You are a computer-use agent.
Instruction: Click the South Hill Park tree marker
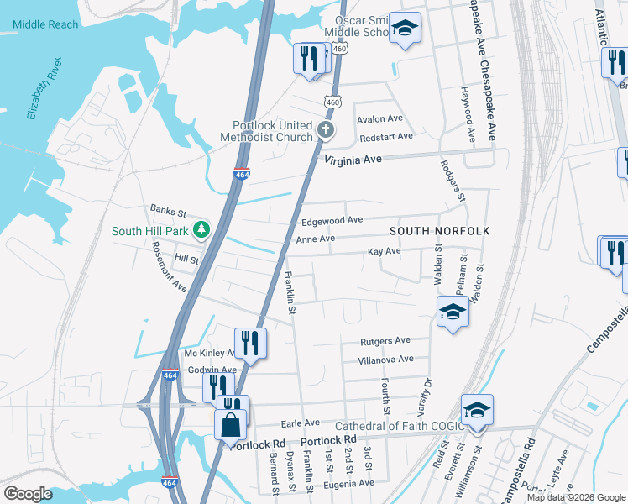coord(201,228)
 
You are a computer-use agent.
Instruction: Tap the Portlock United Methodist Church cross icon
coord(326,131)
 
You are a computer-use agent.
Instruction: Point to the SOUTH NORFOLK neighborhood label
coord(439,230)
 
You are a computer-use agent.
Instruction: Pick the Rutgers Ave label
coord(385,340)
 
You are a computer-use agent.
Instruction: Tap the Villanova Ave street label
coord(386,359)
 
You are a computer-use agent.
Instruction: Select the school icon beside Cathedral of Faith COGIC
coord(477,411)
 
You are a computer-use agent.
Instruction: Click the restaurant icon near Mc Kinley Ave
coord(250,342)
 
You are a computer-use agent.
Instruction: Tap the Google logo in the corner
coord(28,494)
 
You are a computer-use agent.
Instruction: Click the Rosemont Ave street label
coord(169,266)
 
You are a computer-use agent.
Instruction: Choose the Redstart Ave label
coord(385,136)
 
